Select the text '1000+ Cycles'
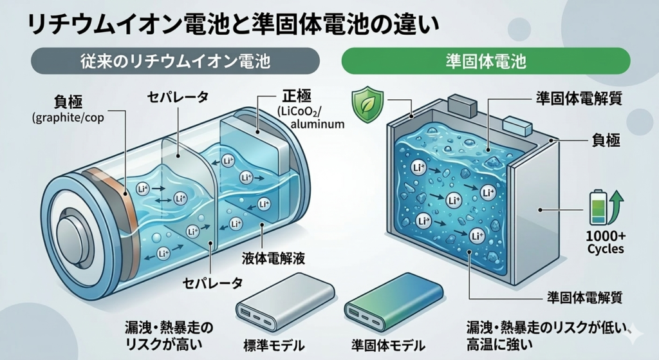[605, 242]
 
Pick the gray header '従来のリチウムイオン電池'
[175, 62]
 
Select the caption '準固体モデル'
[388, 342]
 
